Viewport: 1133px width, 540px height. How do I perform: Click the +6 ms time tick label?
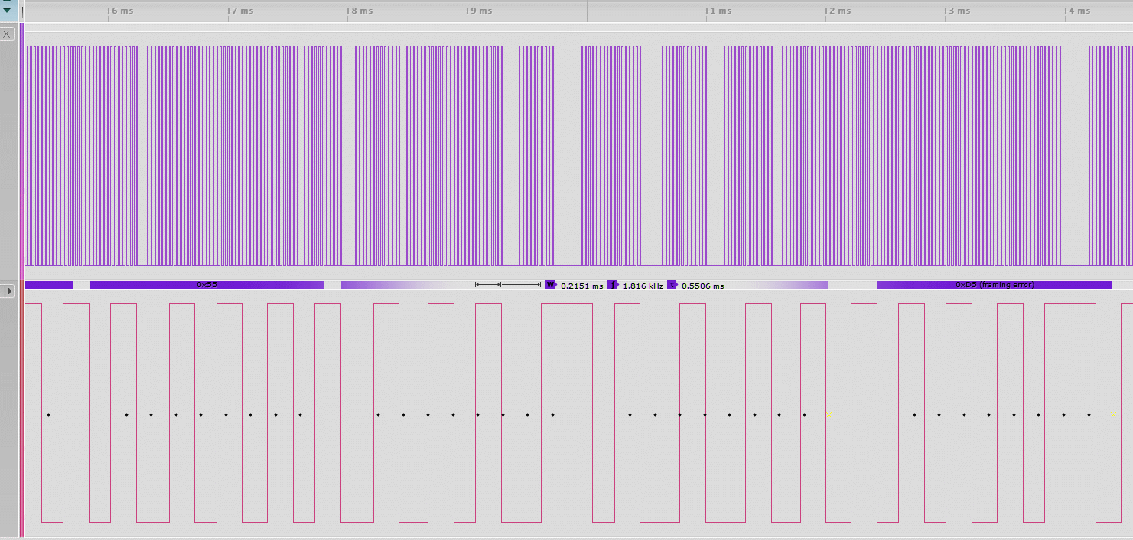[120, 11]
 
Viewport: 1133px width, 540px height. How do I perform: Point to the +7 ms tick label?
[240, 11]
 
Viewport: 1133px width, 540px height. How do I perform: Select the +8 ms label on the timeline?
[359, 11]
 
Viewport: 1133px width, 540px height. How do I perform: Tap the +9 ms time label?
[479, 11]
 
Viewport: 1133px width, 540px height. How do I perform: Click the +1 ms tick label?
[718, 11]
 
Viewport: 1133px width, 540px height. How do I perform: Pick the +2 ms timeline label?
[837, 11]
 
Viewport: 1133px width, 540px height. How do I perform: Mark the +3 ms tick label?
[956, 11]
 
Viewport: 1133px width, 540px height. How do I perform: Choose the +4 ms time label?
[1076, 11]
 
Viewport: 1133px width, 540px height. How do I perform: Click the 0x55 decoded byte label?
[207, 285]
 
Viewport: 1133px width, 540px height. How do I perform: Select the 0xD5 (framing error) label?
[995, 285]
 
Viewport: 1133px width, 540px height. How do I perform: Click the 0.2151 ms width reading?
[581, 286]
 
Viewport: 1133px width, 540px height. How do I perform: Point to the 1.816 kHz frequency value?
[643, 286]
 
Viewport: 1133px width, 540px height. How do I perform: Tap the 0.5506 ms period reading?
[702, 286]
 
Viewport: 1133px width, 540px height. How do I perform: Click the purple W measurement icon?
[550, 285]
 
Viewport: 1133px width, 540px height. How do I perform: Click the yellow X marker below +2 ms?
[829, 415]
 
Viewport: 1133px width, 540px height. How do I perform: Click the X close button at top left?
[8, 34]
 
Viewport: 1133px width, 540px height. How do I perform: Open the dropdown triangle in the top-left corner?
[8, 10]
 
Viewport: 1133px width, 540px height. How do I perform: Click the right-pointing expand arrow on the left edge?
[9, 291]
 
